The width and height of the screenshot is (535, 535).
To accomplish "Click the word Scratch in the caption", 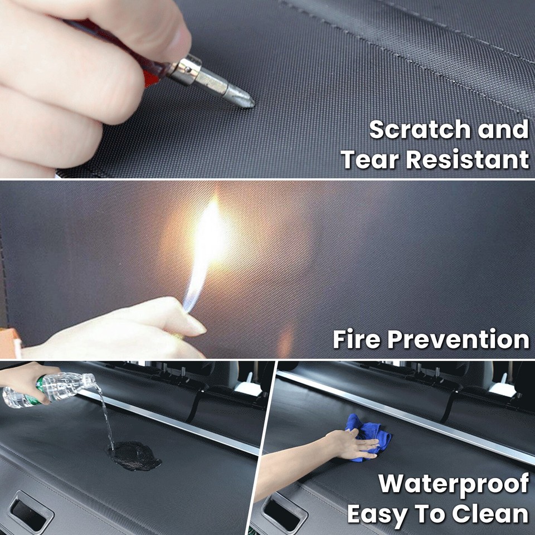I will [411, 130].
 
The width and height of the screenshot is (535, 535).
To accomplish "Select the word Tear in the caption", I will [369, 159].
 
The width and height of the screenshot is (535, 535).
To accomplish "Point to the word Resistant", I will [467, 159].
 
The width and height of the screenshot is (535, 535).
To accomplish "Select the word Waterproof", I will [454, 484].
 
